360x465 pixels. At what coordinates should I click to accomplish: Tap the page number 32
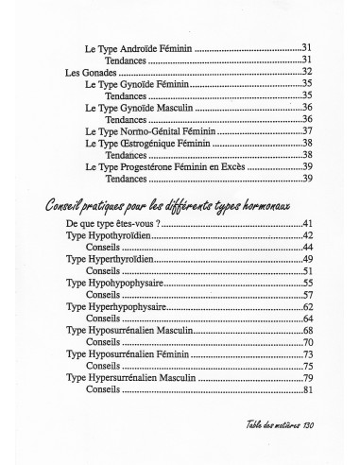point(306,72)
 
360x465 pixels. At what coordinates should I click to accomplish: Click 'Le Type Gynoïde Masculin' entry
point(138,108)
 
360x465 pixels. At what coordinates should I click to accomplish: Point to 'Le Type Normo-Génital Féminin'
point(149,130)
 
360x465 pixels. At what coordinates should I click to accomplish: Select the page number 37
point(306,130)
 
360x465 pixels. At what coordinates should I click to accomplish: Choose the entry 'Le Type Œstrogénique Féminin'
point(147,143)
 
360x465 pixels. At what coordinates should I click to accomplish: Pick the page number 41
point(306,223)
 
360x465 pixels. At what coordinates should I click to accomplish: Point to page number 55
point(306,283)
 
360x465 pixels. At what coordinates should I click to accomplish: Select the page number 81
point(306,389)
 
